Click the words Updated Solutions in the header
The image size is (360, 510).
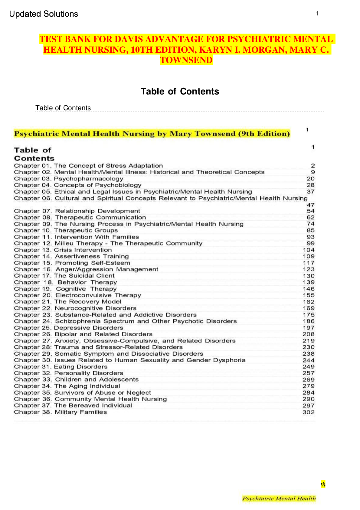[x=44, y=14]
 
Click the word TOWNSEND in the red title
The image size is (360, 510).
[x=186, y=60]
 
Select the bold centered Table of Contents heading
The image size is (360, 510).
[x=180, y=91]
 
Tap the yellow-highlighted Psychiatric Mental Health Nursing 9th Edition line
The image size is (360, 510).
[x=152, y=134]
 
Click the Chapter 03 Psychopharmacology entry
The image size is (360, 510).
[x=69, y=179]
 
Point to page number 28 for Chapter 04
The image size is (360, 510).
[x=310, y=185]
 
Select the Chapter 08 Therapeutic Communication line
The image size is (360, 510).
[x=80, y=217]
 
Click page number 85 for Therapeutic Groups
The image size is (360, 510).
[x=310, y=230]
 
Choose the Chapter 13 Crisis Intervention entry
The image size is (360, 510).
[x=63, y=250]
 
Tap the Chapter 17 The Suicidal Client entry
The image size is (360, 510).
[x=64, y=276]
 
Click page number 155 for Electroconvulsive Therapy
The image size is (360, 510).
[x=309, y=295]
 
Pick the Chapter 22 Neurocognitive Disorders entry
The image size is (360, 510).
[x=75, y=308]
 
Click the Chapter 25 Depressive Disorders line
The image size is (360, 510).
[x=69, y=328]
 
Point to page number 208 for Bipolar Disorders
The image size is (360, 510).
[x=309, y=334]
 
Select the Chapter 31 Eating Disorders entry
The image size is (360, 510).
[x=61, y=367]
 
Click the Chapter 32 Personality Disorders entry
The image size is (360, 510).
[x=69, y=373]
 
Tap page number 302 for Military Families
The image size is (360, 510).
[x=309, y=412]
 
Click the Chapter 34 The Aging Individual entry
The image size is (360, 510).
[x=67, y=386]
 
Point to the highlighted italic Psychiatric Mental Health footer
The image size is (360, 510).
[x=279, y=498]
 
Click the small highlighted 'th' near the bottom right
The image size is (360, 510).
[x=323, y=484]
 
